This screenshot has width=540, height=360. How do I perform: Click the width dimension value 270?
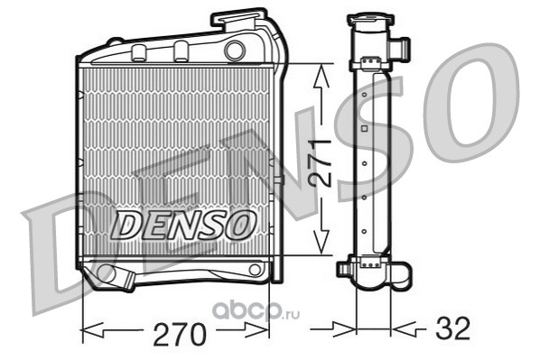coord(180,334)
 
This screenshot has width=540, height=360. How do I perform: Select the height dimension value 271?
coord(321,162)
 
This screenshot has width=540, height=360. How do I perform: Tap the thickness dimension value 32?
coord(452,328)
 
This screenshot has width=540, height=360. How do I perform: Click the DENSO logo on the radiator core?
coord(183,225)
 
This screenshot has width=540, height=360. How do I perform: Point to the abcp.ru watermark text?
coord(256,311)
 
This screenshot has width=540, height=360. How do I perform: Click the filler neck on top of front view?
coord(239,19)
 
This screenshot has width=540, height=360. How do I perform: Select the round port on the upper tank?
coord(235,51)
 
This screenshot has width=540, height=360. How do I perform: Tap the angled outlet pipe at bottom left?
coord(115,276)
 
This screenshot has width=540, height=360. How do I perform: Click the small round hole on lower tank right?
coord(255,270)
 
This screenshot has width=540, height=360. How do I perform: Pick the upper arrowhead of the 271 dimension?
coord(321,76)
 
